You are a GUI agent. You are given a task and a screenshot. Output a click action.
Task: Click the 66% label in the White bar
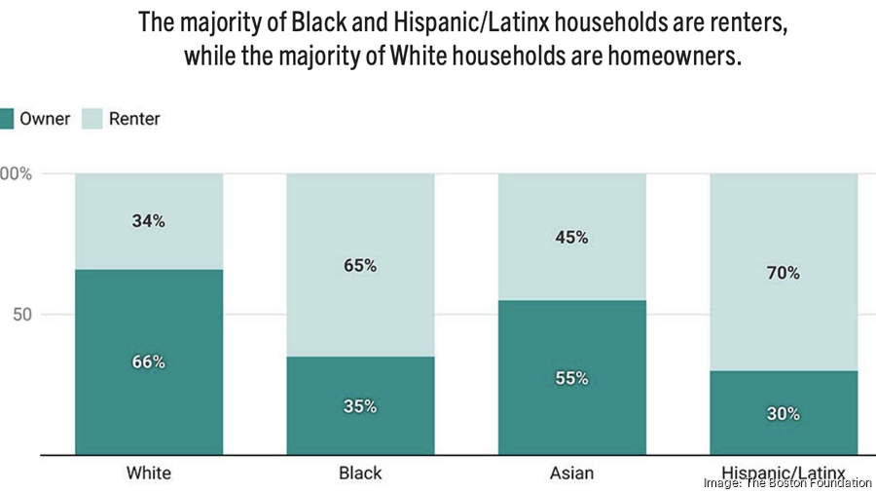149,361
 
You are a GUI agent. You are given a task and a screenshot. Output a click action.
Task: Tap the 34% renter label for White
149,221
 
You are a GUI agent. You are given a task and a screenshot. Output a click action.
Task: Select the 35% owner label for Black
360,406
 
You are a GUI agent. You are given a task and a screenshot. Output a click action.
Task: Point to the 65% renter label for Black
360,265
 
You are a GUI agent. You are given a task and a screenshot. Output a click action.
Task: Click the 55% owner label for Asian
571,378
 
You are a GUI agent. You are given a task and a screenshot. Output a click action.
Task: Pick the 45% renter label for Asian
571,237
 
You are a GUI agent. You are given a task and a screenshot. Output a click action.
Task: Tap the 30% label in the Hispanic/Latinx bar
783,413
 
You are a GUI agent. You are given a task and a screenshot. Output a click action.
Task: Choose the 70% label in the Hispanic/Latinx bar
783,273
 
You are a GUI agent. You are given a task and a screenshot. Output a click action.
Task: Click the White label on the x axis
149,474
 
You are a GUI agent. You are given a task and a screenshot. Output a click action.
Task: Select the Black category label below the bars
360,474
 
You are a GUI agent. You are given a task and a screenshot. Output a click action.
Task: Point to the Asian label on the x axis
571,474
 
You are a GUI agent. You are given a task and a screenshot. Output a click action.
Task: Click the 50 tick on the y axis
21,315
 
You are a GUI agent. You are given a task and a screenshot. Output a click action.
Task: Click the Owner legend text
45,119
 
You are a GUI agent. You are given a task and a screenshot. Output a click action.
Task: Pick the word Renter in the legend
134,119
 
